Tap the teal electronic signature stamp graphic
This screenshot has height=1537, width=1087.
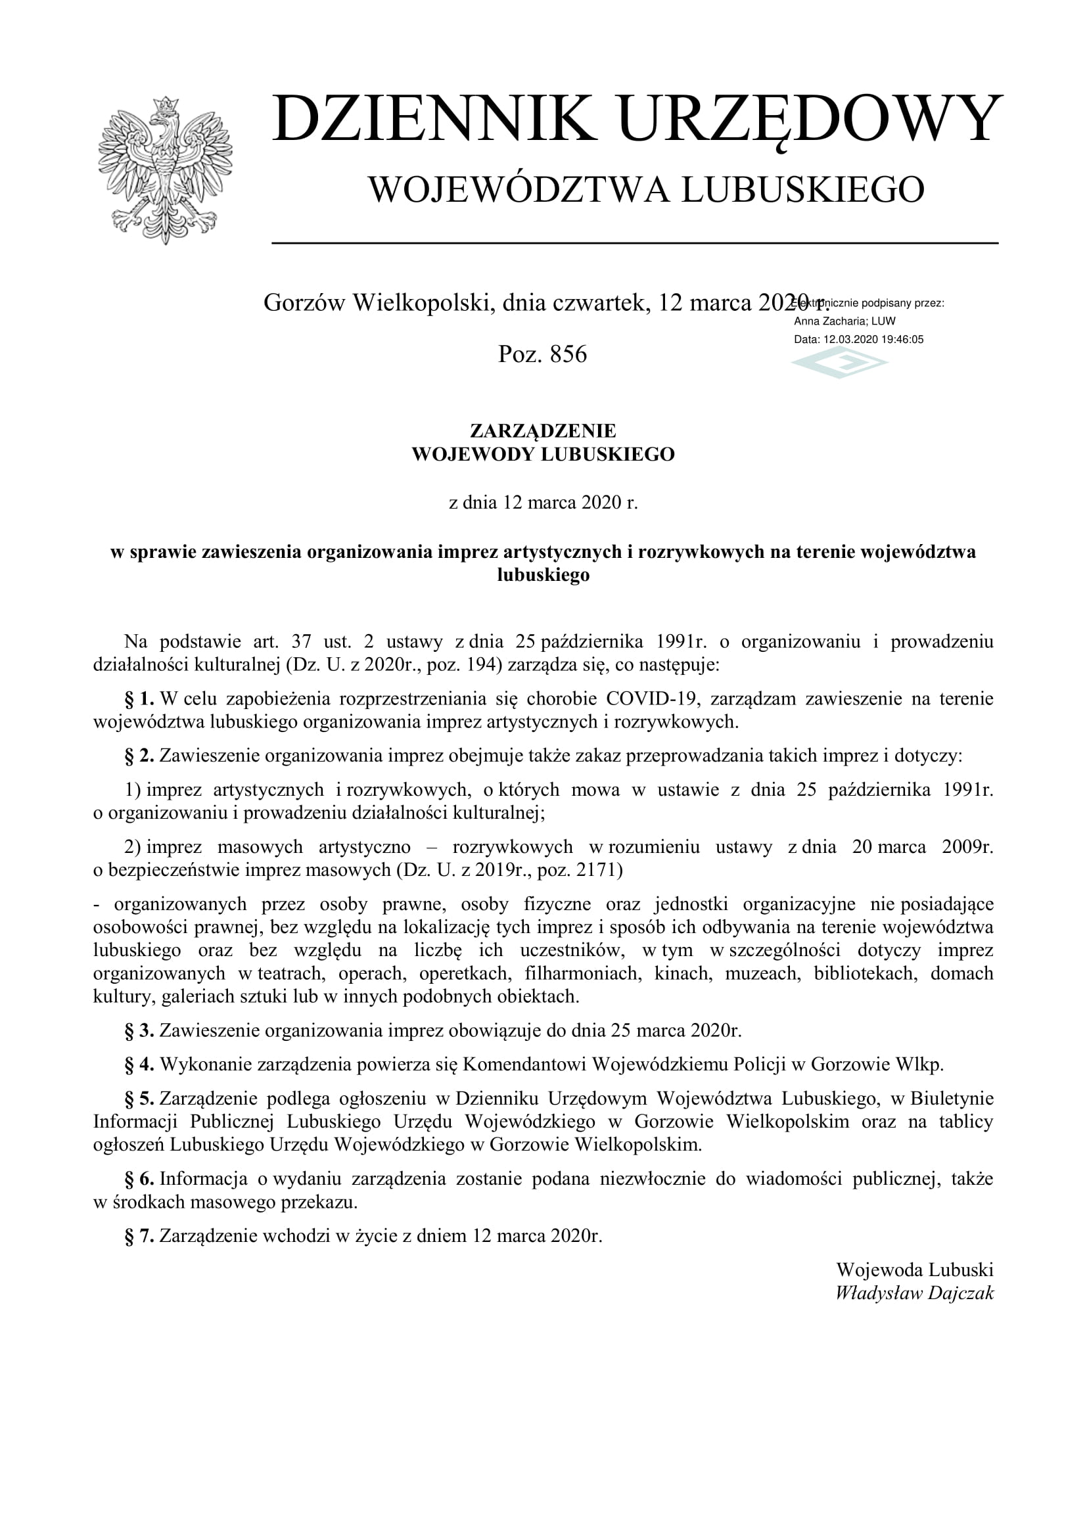[x=839, y=365]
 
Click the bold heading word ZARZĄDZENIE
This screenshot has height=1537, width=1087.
[x=543, y=430]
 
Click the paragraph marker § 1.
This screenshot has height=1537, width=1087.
[x=139, y=699]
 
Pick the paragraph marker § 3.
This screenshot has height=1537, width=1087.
[x=139, y=1030]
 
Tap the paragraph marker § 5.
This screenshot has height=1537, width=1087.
[x=139, y=1099]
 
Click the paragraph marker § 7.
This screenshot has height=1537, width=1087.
[x=139, y=1236]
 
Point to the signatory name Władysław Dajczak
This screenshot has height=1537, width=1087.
[x=914, y=1293]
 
